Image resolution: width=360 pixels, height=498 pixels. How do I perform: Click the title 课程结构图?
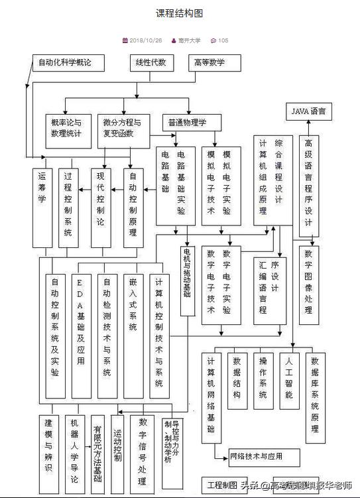pyautogui.click(x=179, y=13)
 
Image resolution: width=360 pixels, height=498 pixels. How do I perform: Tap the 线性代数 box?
pyautogui.click(x=151, y=63)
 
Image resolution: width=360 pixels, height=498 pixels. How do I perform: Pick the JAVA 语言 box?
pyautogui.click(x=309, y=111)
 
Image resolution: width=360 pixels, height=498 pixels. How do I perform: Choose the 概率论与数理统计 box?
pyautogui.click(x=67, y=128)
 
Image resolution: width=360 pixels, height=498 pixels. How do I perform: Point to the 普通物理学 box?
pyautogui.click(x=187, y=123)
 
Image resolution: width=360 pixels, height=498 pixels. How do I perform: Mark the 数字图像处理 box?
pyautogui.click(x=308, y=285)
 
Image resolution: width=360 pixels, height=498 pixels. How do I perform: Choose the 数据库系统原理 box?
pyautogui.click(x=315, y=398)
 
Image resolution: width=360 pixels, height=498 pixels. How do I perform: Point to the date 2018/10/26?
pyautogui.click(x=146, y=40)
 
